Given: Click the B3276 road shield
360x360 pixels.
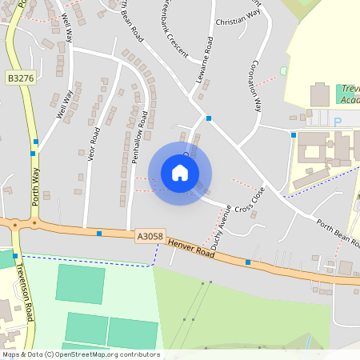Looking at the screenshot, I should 19,78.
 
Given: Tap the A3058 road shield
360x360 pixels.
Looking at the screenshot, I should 150,236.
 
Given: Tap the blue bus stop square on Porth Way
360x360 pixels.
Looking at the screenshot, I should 34,153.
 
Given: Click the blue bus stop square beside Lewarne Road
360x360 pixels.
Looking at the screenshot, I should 209,118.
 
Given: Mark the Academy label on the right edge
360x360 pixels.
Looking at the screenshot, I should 349,101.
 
